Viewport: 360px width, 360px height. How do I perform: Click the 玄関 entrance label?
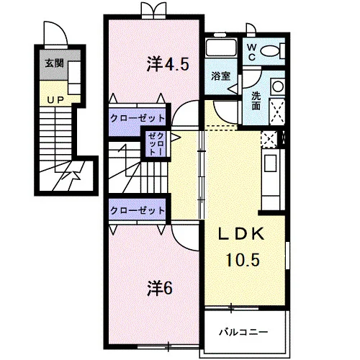[55, 63]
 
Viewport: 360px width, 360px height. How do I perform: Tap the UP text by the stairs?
[55, 100]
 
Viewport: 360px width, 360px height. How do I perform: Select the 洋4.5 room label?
[168, 64]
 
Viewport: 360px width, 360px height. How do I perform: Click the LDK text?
[241, 234]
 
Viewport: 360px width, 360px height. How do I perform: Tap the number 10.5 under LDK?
[243, 260]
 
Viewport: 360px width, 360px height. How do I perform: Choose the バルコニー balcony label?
[243, 333]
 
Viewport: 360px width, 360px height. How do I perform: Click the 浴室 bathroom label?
[221, 76]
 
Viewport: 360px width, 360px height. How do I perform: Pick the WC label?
[251, 53]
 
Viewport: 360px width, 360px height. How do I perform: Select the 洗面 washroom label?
[256, 101]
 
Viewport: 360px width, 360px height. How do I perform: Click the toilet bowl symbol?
[270, 51]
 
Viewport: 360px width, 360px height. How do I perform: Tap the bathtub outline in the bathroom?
[221, 48]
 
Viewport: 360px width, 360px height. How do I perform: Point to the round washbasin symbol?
[278, 86]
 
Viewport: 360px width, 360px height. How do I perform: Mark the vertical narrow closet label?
[156, 144]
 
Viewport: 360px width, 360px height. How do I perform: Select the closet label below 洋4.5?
[138, 118]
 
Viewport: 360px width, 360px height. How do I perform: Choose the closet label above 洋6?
[138, 210]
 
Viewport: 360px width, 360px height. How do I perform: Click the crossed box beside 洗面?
[277, 112]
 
